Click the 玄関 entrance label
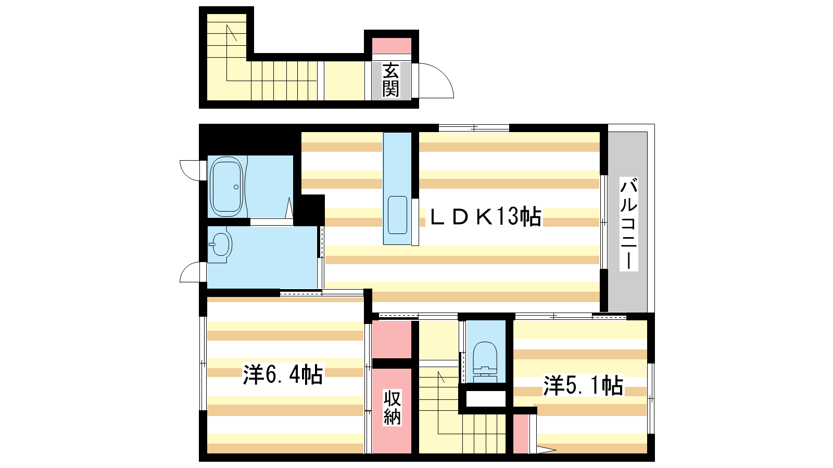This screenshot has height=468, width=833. pyautogui.click(x=391, y=80)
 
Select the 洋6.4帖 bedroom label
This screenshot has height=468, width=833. pyautogui.click(x=283, y=375)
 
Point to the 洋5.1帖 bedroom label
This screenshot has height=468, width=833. pyautogui.click(x=583, y=385)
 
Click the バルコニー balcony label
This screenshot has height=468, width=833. pyautogui.click(x=629, y=224)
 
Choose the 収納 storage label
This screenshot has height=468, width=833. pyautogui.click(x=393, y=408)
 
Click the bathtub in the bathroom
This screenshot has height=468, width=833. pyautogui.click(x=226, y=187)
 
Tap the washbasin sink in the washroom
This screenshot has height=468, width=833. pyautogui.click(x=220, y=244)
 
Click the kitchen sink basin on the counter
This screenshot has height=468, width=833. pyautogui.click(x=398, y=215)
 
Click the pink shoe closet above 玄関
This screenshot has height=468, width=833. pyautogui.click(x=392, y=45)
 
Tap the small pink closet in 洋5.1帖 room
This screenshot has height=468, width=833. pyautogui.click(x=521, y=434)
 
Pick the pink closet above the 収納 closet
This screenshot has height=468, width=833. pyautogui.click(x=392, y=340)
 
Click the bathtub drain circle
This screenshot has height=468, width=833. pyautogui.click(x=236, y=187)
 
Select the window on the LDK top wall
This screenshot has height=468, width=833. pyautogui.click(x=474, y=128)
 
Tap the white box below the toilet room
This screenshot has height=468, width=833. pyautogui.click(x=486, y=398)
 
